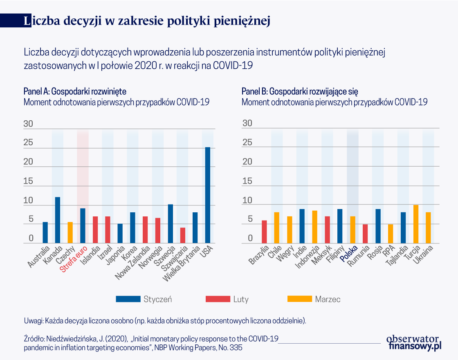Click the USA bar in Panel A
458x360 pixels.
(x=208, y=195)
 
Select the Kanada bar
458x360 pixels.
(x=58, y=220)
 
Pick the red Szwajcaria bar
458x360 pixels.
(x=183, y=235)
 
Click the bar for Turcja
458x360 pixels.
(x=416, y=224)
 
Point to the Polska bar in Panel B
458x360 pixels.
(x=353, y=229)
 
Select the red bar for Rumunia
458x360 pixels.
(x=366, y=234)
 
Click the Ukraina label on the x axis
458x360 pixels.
(x=423, y=255)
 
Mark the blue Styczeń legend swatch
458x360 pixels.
(x=128, y=299)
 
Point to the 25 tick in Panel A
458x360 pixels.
(x=28, y=143)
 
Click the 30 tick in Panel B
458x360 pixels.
(x=248, y=123)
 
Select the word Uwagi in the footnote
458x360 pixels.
(x=33, y=320)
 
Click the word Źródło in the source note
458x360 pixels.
(x=35, y=339)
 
